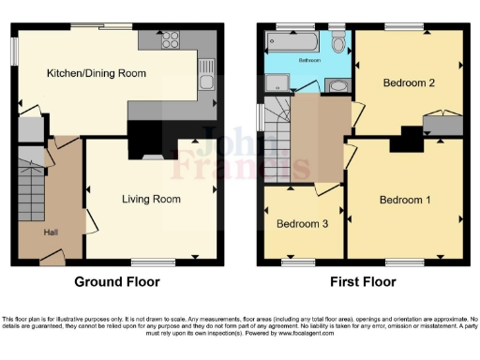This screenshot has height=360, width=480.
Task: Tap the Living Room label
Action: point(151,199)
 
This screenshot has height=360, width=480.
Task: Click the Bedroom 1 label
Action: point(405,200)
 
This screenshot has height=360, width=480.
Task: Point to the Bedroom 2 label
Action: point(409,82)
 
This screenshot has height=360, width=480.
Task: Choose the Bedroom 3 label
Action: point(302,224)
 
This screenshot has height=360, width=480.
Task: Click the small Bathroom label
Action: point(310,59)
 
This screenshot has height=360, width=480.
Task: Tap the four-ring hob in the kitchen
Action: point(172,39)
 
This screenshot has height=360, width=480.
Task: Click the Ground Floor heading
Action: point(116,281)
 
